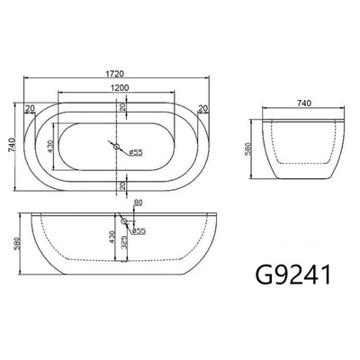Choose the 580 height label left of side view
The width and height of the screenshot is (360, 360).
[15, 243]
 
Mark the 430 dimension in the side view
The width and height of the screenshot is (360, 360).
[109, 239]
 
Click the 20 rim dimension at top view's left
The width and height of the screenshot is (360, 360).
[30, 108]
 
